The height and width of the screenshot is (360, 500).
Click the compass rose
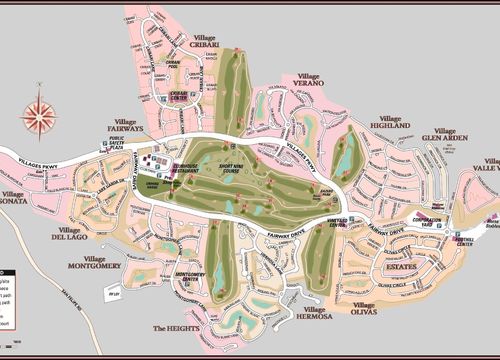pos(39,113)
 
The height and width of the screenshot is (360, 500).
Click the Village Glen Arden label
pos(444,134)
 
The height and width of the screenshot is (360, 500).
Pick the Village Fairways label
pos(127,125)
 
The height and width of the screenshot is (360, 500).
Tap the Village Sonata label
pos(15,197)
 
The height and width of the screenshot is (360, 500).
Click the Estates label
pos(401,267)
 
